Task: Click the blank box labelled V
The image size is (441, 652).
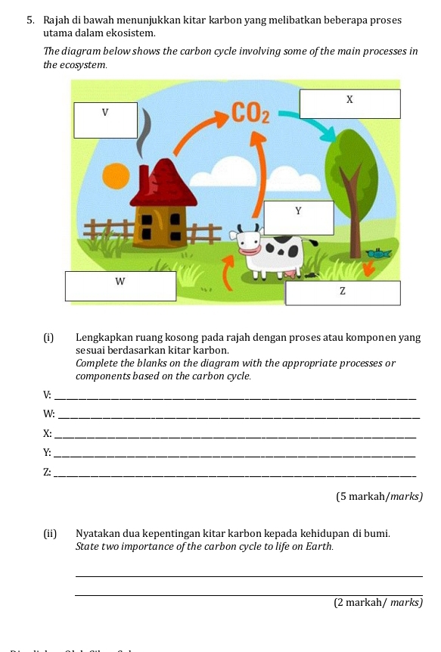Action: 105,120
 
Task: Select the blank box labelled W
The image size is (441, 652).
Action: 120,285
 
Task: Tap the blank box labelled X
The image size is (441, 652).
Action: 349,104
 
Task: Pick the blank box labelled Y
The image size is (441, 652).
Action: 298,217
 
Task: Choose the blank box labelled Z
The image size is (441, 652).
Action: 342,292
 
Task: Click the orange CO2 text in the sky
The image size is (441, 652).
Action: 250,115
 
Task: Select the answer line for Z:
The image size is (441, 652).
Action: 235,474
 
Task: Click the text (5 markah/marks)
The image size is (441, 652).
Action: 378,496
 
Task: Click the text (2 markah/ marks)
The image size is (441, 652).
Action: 377,603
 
